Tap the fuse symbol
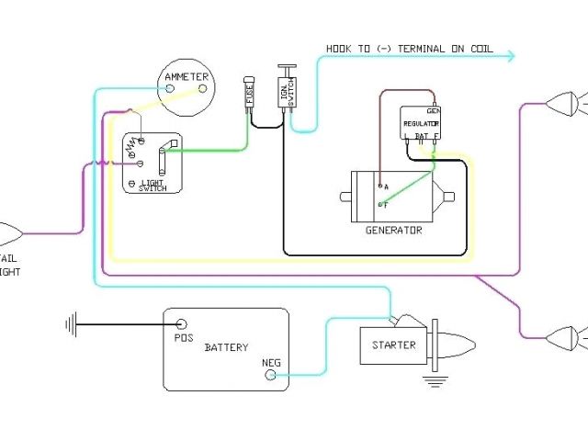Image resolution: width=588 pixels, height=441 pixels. click(249, 94)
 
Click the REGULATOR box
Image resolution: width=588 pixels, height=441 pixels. click(421, 123)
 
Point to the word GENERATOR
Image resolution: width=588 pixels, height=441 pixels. click(393, 230)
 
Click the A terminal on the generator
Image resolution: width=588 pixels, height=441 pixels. click(379, 187)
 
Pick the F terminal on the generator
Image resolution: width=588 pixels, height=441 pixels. click(379, 205)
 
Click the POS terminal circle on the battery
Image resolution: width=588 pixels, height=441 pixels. click(182, 324)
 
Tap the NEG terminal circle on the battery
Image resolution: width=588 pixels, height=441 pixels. click(272, 375)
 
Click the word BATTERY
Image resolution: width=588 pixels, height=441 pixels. click(226, 347)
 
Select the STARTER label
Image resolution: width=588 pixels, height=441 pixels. click(393, 345)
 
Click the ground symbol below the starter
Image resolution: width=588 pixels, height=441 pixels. click(431, 379)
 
